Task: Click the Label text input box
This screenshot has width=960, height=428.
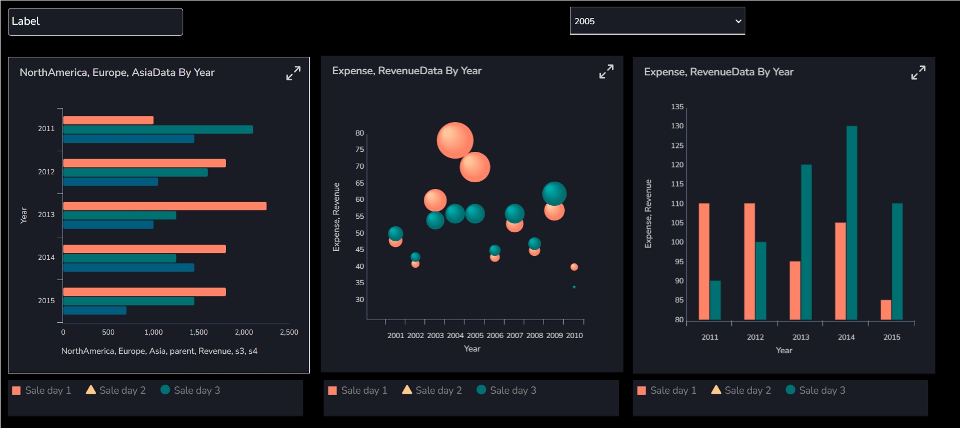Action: [x=96, y=22]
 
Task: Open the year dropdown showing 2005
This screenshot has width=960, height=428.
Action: [x=657, y=21]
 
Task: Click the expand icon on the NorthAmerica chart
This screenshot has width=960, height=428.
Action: [x=293, y=73]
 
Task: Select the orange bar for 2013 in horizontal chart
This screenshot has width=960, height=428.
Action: [x=165, y=206]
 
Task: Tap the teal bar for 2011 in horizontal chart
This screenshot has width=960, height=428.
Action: [x=158, y=129]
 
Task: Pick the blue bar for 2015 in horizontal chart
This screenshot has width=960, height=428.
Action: [x=94, y=310]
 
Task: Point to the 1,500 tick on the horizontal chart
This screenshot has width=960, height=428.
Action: [x=198, y=332]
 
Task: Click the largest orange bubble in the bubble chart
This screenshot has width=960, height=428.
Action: [x=455, y=140]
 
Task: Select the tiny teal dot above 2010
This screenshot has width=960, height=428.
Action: [x=574, y=287]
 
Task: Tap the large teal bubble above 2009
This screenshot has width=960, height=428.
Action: [x=554, y=193]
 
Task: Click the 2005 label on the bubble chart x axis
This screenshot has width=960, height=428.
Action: [x=475, y=336]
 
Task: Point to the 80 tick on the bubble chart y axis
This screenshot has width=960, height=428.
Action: [x=360, y=133]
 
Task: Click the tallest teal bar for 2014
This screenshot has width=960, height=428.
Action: [x=852, y=223]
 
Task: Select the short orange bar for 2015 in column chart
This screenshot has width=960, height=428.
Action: [x=886, y=310]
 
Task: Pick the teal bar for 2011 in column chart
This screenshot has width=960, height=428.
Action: [x=716, y=300]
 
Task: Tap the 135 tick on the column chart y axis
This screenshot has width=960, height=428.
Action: [x=677, y=107]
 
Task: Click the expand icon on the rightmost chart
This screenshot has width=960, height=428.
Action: [x=918, y=73]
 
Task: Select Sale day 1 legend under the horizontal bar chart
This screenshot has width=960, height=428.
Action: [x=42, y=390]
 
